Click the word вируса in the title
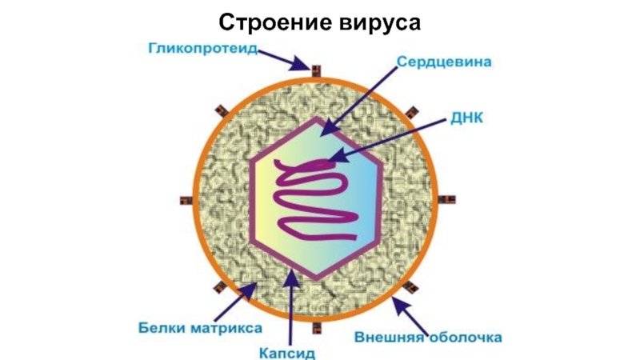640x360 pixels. click(x=377, y=22)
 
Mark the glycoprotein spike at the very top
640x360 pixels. click(x=316, y=69)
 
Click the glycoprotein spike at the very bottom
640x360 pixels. click(x=317, y=328)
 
